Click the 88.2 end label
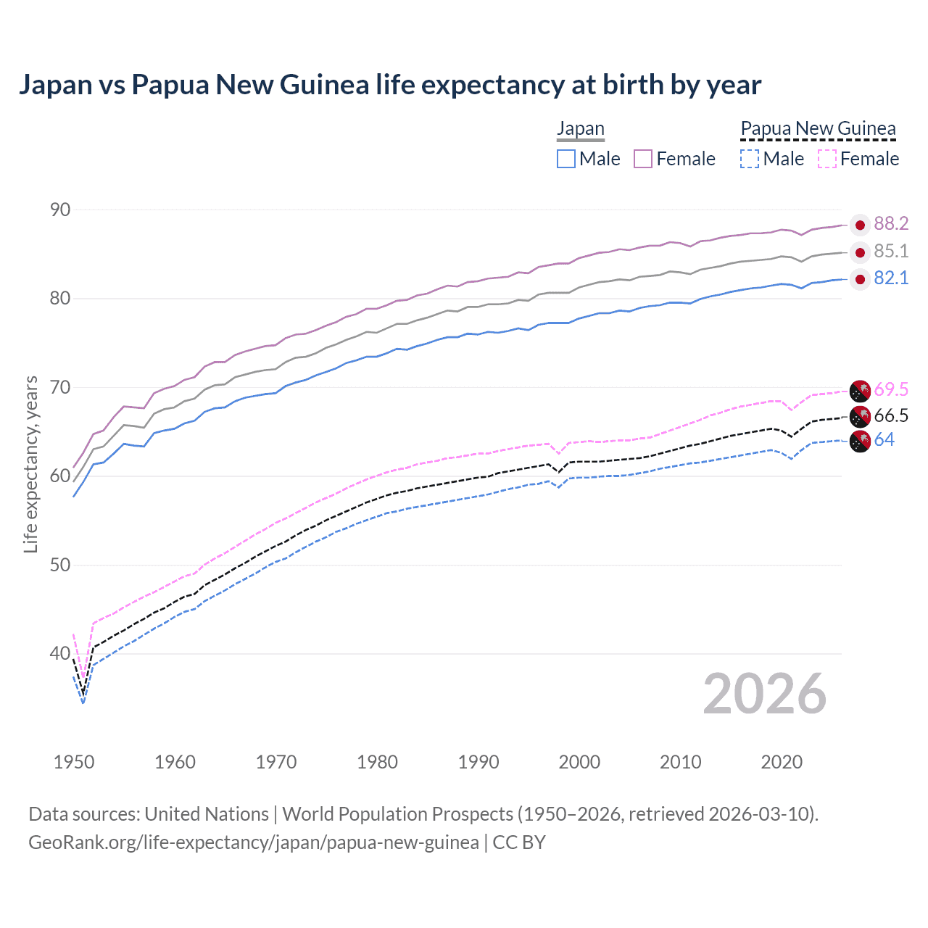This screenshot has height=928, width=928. click(891, 224)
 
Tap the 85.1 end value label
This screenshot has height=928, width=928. click(891, 252)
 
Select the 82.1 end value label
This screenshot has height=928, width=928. click(891, 278)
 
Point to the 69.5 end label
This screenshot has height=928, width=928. click(891, 390)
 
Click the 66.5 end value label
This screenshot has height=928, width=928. click(891, 416)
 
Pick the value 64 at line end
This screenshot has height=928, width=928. click(884, 440)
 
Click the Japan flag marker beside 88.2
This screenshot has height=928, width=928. click(860, 225)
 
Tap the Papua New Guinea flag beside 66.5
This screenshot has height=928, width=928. click(860, 417)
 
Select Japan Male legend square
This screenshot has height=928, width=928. click(566, 159)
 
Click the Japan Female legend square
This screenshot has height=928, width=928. click(643, 159)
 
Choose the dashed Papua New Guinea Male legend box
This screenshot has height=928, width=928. click(750, 159)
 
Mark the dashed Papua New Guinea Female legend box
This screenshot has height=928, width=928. click(827, 159)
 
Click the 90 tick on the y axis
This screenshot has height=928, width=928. click(60, 210)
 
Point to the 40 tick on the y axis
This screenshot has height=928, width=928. click(60, 654)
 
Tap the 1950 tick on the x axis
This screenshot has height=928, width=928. click(74, 762)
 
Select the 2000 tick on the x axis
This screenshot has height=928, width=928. click(579, 762)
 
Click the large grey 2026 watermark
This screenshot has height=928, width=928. click(764, 694)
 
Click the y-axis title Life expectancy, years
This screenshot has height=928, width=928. click(30, 464)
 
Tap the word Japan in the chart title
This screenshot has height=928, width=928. click(55, 85)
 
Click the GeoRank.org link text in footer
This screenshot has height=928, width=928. click(253, 842)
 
